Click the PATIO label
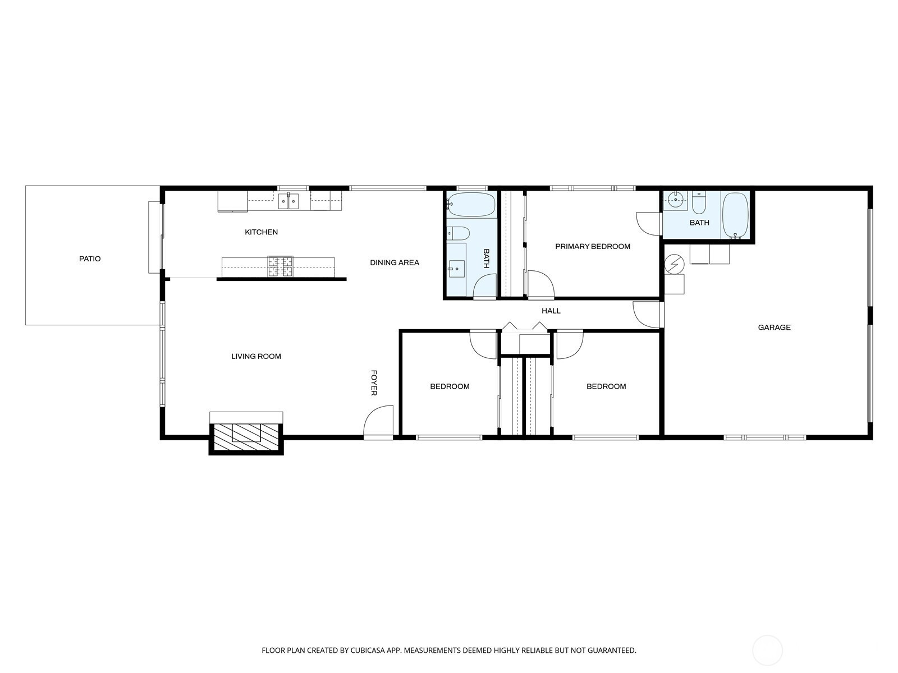point(90,259)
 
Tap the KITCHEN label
point(261,232)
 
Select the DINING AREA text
point(395,262)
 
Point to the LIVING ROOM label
point(256,356)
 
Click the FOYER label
point(374,383)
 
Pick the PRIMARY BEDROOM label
point(592,246)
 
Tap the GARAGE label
point(774,328)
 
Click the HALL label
point(551,311)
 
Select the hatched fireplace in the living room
point(246,438)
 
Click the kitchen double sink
point(288,201)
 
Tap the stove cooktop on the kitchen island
point(280,267)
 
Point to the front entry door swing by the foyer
point(378,421)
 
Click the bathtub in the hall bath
point(471,205)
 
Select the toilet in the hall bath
point(457,233)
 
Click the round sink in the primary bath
point(675,200)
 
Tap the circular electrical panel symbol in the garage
point(674,264)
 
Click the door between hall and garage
point(647,315)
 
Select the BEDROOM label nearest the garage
point(606,386)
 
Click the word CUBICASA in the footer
point(368,650)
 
